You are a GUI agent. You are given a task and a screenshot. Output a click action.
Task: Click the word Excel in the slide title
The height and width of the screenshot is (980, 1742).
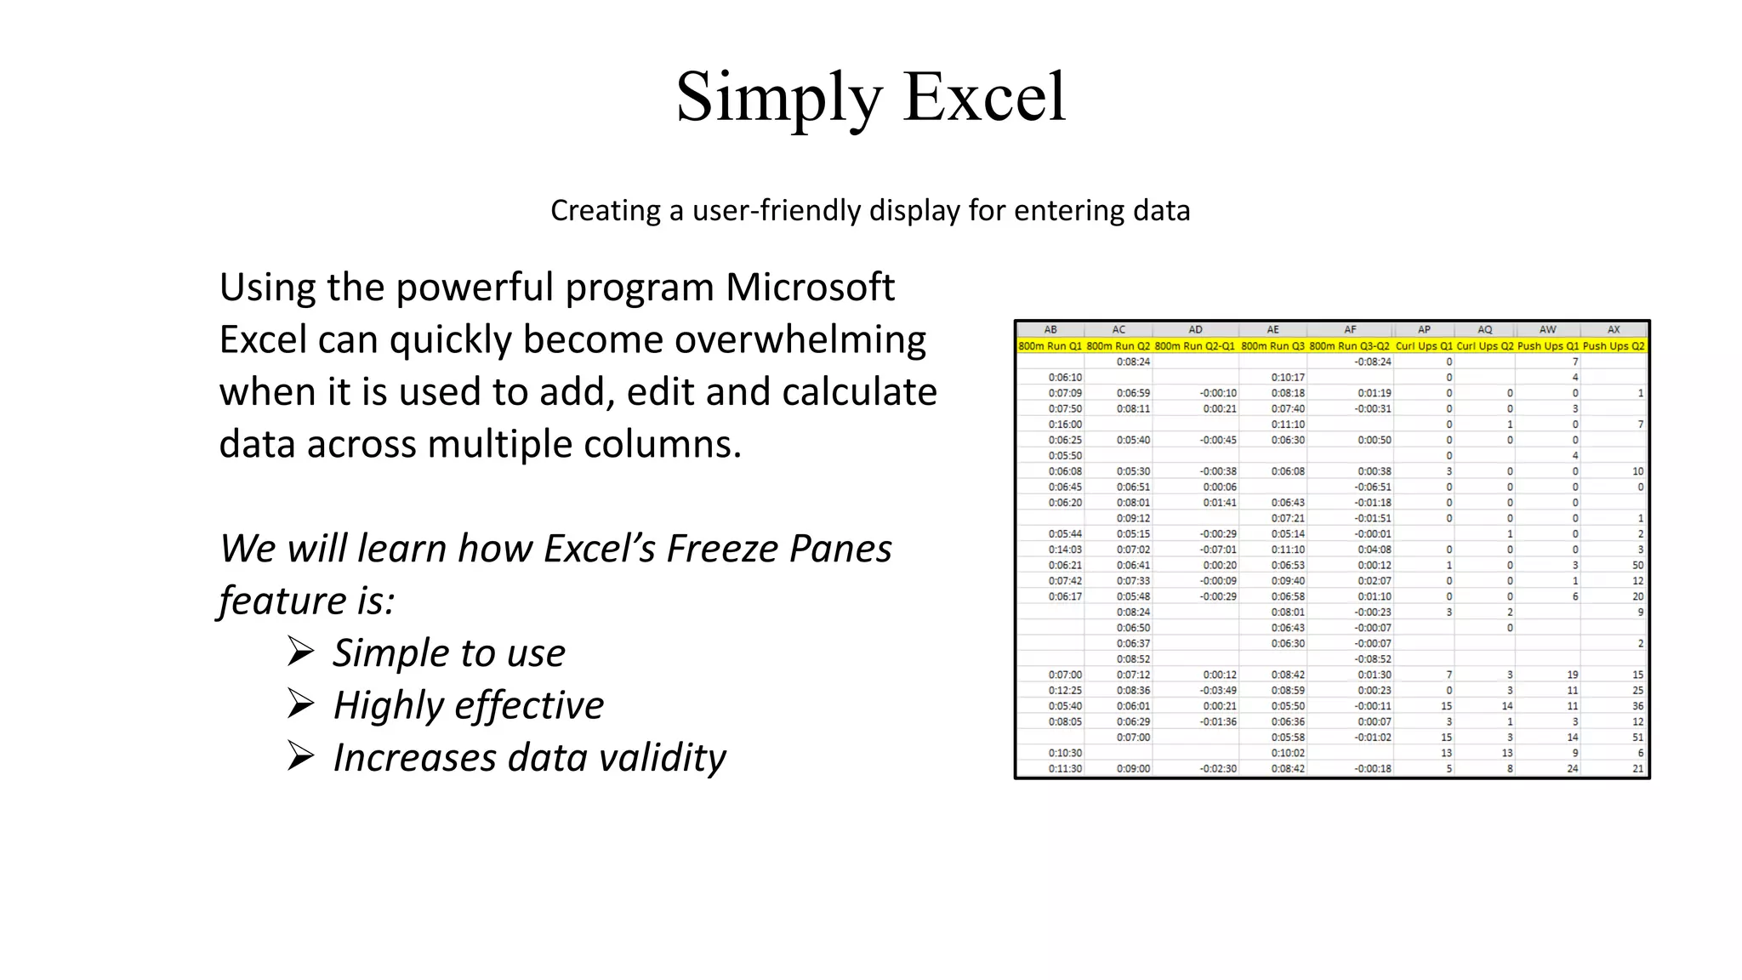click(x=984, y=97)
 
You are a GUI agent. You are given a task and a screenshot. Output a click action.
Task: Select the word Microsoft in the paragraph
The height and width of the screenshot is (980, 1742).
click(x=809, y=287)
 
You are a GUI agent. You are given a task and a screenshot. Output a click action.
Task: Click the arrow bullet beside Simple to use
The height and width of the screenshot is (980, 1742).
click(x=300, y=652)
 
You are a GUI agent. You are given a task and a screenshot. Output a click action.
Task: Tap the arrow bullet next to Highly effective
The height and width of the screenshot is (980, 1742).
click(x=300, y=704)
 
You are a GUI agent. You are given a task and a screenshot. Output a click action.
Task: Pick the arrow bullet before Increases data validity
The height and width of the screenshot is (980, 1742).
click(x=300, y=756)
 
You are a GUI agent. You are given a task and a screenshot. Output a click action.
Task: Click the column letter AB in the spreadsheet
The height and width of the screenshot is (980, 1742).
click(x=1050, y=329)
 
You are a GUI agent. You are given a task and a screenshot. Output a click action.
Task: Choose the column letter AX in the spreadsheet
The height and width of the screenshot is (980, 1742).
click(x=1614, y=329)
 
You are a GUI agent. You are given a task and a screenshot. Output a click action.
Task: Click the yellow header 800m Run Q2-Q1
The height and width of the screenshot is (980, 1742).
click(x=1194, y=346)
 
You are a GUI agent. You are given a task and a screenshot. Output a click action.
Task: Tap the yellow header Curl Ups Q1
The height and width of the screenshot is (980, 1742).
click(x=1424, y=346)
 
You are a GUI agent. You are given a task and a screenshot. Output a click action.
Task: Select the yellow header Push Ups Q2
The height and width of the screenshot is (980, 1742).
click(x=1614, y=346)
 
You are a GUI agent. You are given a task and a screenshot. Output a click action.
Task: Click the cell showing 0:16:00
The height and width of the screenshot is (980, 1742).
click(x=1065, y=424)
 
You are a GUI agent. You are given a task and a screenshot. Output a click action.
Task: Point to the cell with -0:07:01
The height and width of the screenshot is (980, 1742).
click(x=1218, y=550)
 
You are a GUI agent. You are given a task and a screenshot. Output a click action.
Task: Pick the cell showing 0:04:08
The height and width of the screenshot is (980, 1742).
click(x=1374, y=550)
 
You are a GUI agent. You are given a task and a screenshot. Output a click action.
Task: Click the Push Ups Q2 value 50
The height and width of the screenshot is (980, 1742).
click(x=1637, y=565)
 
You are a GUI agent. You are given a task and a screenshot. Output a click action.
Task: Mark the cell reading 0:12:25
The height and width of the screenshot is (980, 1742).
click(x=1065, y=690)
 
